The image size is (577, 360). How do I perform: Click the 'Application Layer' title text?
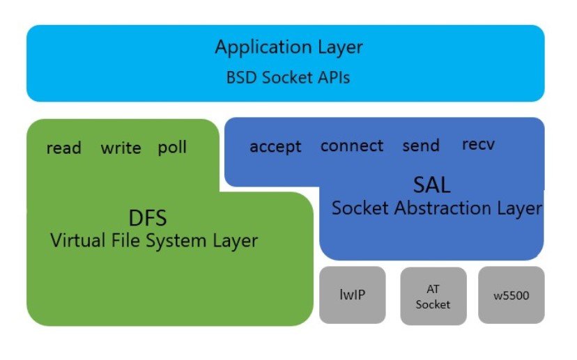click(288, 47)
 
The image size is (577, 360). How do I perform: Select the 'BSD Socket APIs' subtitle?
click(288, 77)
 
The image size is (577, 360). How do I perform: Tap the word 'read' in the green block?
click(63, 148)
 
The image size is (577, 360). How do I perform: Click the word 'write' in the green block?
click(121, 148)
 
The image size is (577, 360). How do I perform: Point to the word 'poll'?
click(172, 148)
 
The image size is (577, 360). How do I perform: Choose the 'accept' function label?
click(275, 147)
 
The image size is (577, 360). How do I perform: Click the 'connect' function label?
click(352, 146)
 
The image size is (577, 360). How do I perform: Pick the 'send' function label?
click(421, 146)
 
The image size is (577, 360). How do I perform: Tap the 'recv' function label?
click(479, 145)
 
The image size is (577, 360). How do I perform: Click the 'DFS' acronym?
click(148, 218)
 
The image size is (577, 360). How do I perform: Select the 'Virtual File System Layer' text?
click(154, 241)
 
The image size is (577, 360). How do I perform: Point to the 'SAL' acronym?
click(431, 185)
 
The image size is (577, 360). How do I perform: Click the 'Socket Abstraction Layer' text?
click(436, 208)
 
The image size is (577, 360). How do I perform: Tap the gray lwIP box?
click(352, 295)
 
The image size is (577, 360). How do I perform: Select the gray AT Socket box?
click(433, 296)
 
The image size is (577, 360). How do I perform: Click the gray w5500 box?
click(511, 295)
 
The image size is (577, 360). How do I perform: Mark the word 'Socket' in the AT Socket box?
click(433, 304)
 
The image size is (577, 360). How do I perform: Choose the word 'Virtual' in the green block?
click(78, 241)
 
